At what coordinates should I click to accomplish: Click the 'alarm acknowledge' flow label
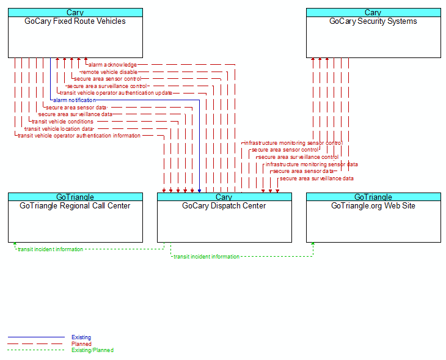pyautogui.click(x=112, y=65)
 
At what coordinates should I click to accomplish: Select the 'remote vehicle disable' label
pyautogui.click(x=109, y=72)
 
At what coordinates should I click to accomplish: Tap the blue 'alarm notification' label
pyautogui.click(x=75, y=100)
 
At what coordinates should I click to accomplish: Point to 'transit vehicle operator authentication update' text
pyautogui.click(x=116, y=93)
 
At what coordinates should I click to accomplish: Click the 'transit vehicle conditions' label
pyautogui.click(x=62, y=122)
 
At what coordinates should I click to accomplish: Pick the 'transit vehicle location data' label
pyautogui.click(x=59, y=129)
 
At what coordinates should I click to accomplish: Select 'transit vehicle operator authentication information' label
pyautogui.click(x=79, y=136)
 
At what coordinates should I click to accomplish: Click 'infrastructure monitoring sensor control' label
pyautogui.click(x=293, y=143)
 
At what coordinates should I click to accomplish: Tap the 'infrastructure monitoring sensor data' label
pyautogui.click(x=312, y=164)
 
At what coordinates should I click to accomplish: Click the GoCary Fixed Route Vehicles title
pyautogui.click(x=75, y=21)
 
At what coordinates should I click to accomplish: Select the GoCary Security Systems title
pyautogui.click(x=373, y=21)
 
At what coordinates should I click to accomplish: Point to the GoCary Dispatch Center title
pyautogui.click(x=224, y=206)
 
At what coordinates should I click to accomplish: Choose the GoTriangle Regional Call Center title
pyautogui.click(x=75, y=206)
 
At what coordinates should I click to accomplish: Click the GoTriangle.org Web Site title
pyautogui.click(x=373, y=206)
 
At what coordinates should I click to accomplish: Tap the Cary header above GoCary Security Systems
pyautogui.click(x=373, y=12)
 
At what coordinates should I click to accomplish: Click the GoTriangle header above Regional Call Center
pyautogui.click(x=75, y=197)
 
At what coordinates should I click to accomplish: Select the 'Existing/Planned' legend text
pyautogui.click(x=92, y=350)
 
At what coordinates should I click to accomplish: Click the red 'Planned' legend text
pyautogui.click(x=81, y=343)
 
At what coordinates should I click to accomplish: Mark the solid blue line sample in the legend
pyautogui.click(x=36, y=337)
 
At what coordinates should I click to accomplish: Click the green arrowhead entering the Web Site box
pyautogui.click(x=313, y=244)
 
